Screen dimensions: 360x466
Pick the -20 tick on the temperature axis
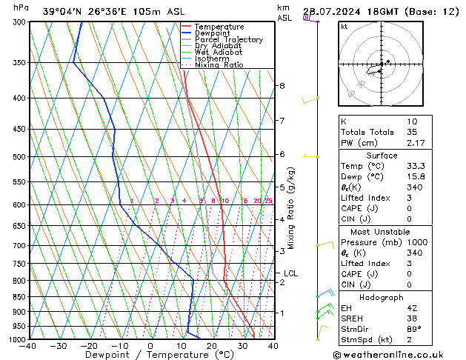[x=88, y=346]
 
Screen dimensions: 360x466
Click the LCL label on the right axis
[x=291, y=273]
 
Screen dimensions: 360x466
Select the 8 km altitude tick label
[x=282, y=86]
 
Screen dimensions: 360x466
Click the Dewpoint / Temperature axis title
[x=150, y=355]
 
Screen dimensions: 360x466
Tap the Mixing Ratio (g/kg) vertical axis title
[x=291, y=207]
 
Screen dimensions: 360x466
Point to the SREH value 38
[x=412, y=318]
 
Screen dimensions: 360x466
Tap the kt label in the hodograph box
[x=344, y=26]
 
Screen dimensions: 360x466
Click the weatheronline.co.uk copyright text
[x=398, y=354]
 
